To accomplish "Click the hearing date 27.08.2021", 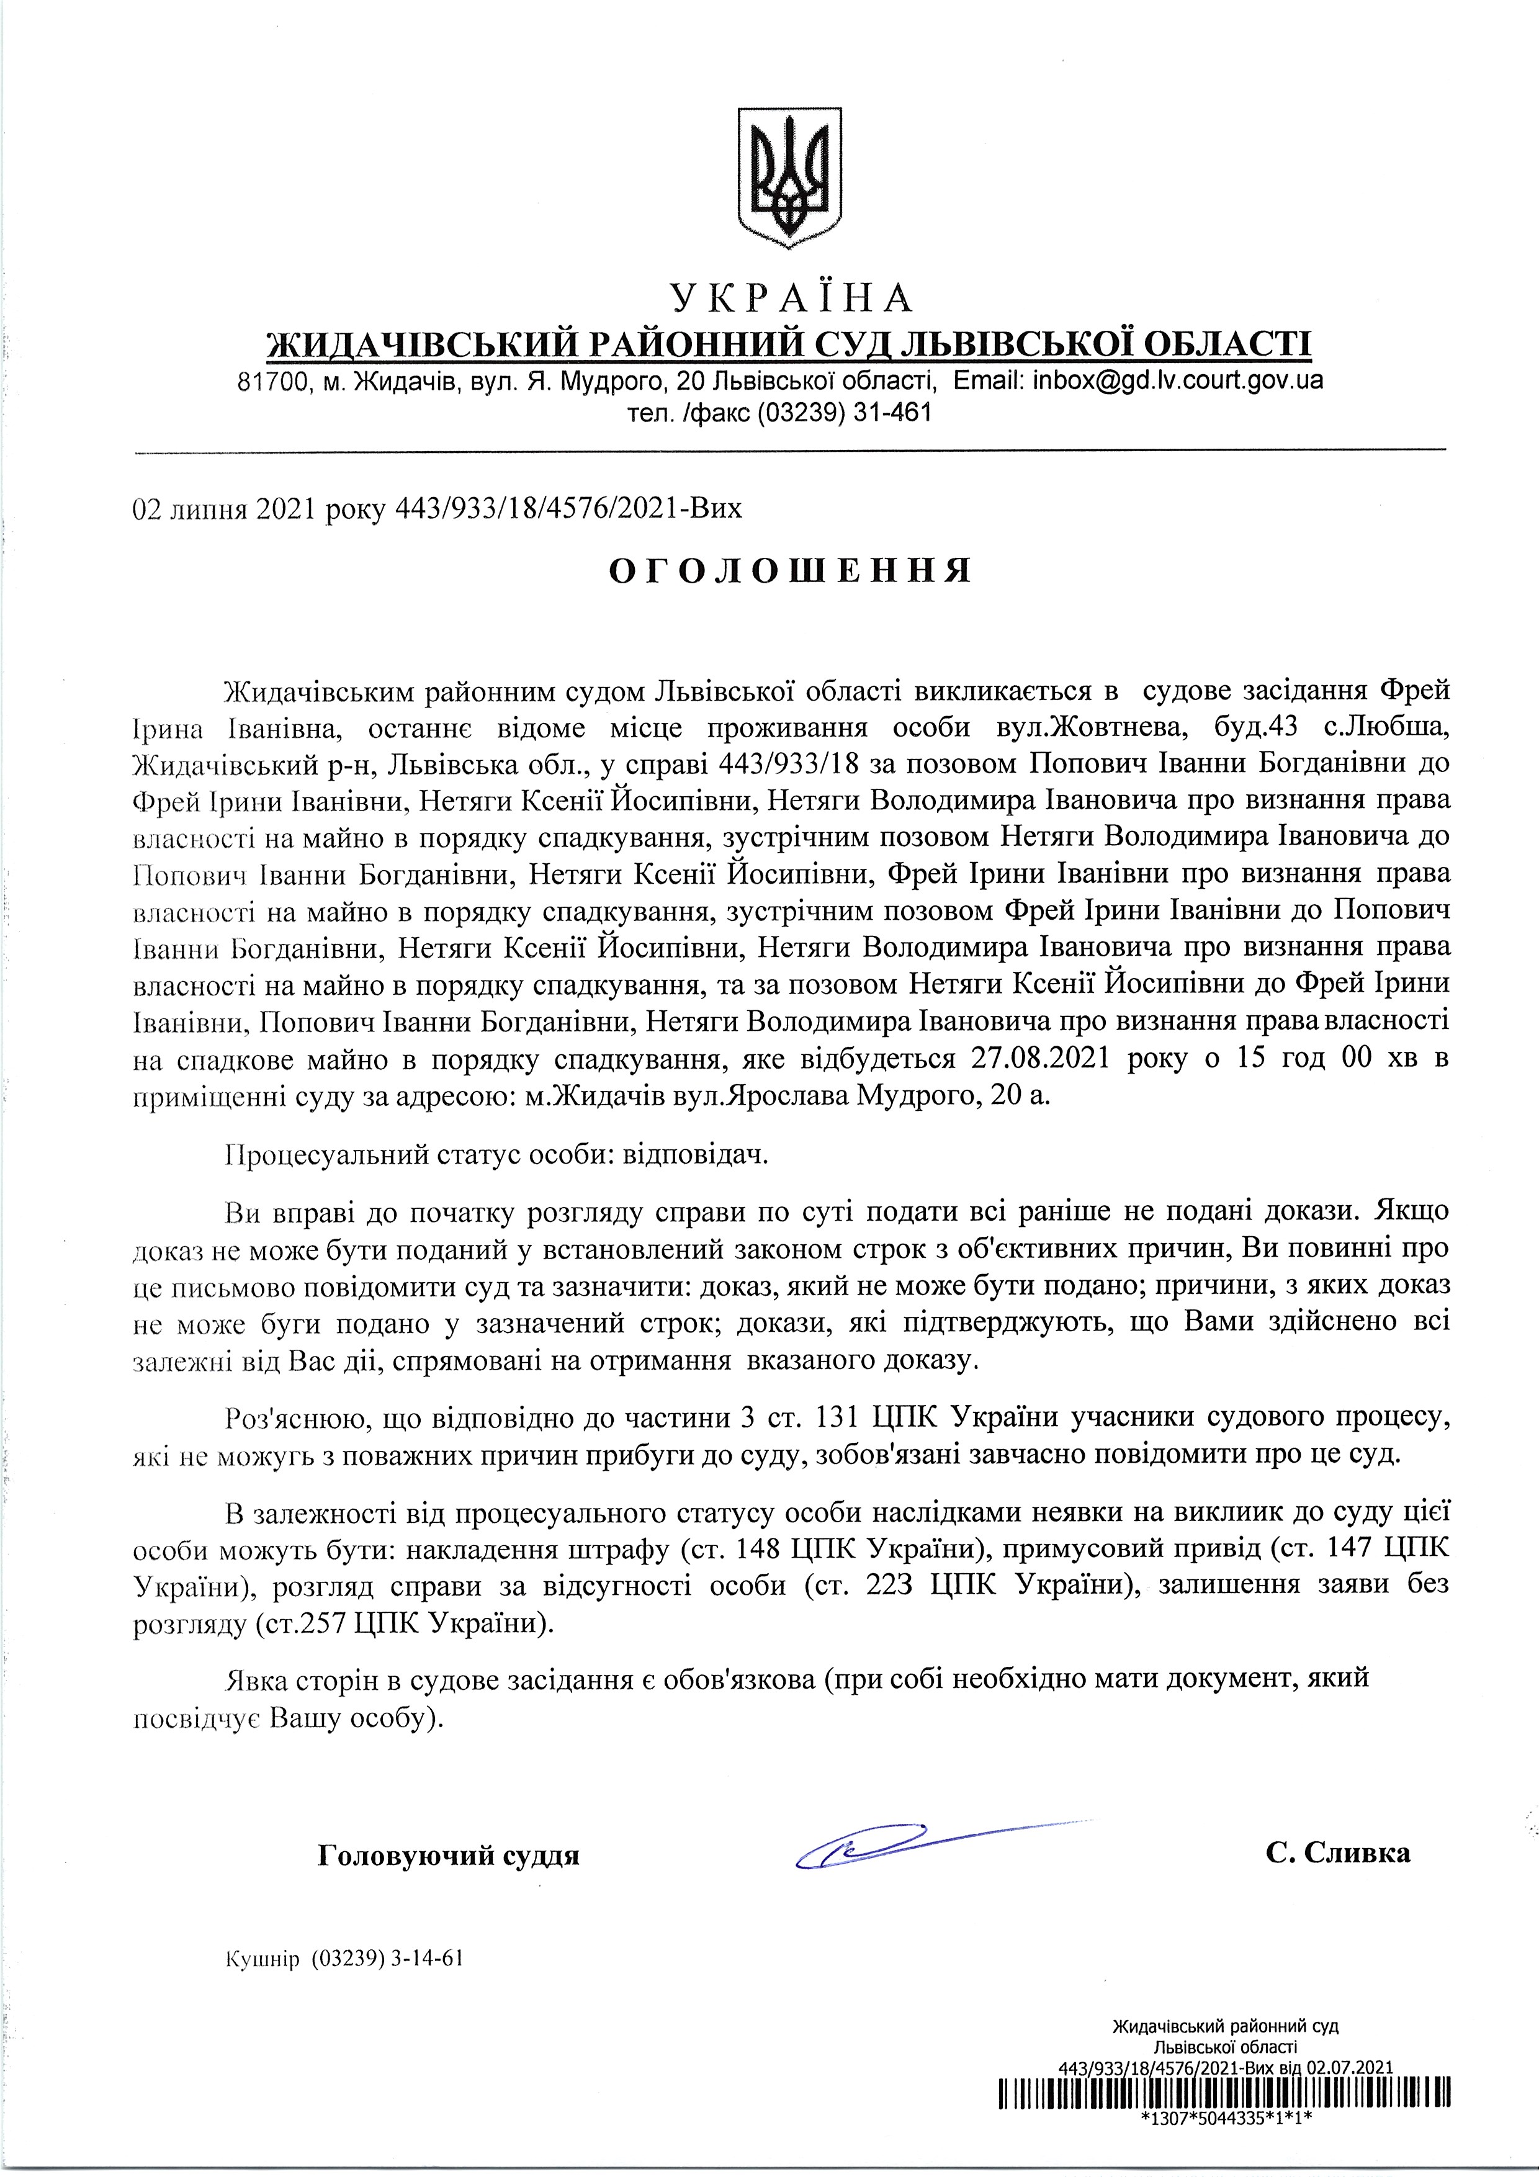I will pos(1041,1058).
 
